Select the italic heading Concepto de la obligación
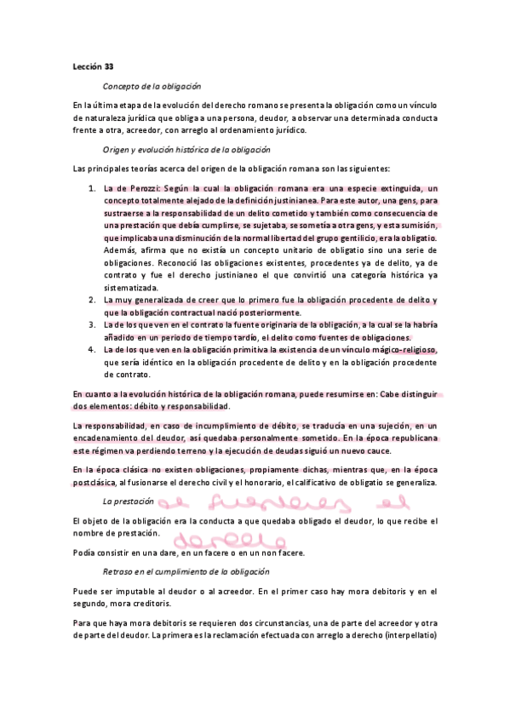click(x=152, y=86)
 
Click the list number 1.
click(x=92, y=188)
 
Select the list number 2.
click(x=92, y=300)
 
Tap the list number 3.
click(x=92, y=324)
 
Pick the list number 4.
click(x=92, y=349)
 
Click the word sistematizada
click(x=130, y=288)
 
